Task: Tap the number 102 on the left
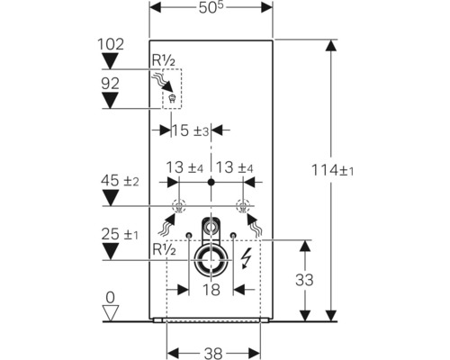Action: click(109, 43)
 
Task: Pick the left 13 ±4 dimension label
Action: click(184, 167)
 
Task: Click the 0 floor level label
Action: click(110, 296)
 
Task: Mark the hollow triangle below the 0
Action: click(110, 312)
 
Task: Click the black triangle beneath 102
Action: click(109, 60)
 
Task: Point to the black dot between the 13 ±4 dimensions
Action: click(211, 183)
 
